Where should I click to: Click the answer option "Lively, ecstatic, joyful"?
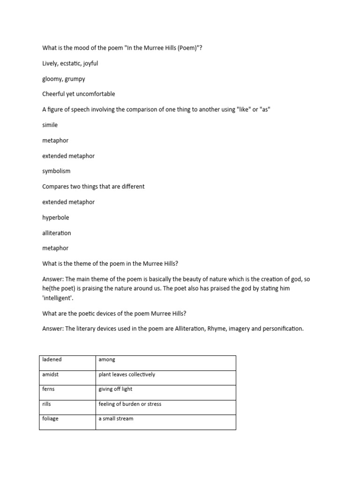(70, 63)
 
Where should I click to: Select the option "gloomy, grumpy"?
(63, 79)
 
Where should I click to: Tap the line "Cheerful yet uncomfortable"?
(78, 94)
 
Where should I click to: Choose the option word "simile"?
(50, 125)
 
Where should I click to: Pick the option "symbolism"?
(56, 171)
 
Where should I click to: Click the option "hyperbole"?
(55, 217)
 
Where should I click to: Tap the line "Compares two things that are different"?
(93, 187)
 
